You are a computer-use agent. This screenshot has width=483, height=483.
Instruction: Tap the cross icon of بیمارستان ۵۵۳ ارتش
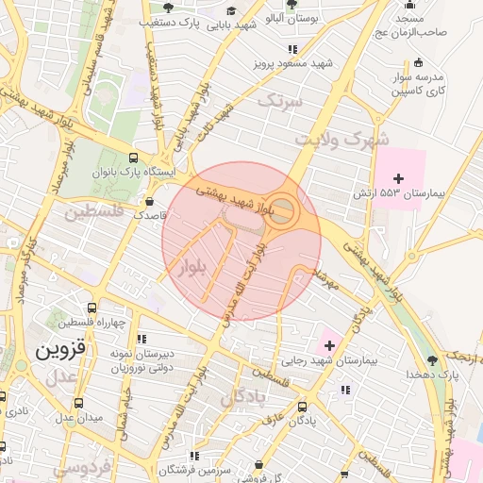tap(398, 178)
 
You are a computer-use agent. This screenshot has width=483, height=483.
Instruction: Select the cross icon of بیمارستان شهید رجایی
tap(328, 346)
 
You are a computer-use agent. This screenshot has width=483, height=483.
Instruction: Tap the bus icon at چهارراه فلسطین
tap(92, 308)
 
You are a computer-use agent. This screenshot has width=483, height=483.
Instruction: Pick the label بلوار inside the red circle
tap(192, 268)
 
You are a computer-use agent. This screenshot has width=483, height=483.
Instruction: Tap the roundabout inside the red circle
tap(283, 212)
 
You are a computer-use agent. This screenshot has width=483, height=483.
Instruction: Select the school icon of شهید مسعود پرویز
tap(293, 49)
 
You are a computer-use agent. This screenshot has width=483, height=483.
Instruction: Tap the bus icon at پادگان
tap(302, 408)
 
